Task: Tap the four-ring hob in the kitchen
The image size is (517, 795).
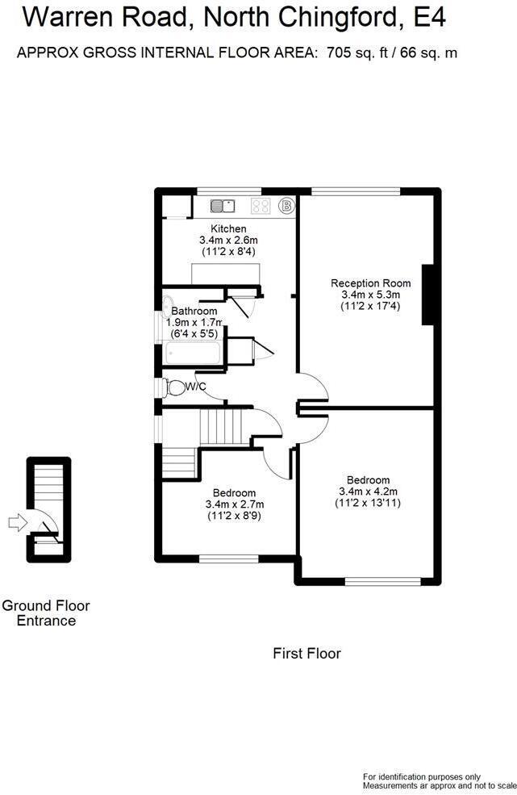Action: click(x=261, y=205)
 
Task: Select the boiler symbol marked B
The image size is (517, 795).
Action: click(x=286, y=206)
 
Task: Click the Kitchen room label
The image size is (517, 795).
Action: click(x=228, y=228)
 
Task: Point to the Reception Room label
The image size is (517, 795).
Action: click(x=370, y=283)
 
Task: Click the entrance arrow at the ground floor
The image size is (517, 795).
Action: click(x=17, y=521)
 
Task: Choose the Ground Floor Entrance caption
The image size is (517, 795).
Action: click(x=46, y=613)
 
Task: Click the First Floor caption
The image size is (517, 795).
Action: click(x=306, y=653)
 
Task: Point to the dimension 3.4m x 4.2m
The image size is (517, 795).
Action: click(x=368, y=492)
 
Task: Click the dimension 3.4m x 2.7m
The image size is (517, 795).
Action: click(x=235, y=504)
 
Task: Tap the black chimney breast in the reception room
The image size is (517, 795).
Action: click(x=428, y=295)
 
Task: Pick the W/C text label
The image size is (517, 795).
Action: click(x=196, y=387)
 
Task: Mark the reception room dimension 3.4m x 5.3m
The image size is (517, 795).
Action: click(x=370, y=295)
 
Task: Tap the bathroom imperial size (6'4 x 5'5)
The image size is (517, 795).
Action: click(x=194, y=334)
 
